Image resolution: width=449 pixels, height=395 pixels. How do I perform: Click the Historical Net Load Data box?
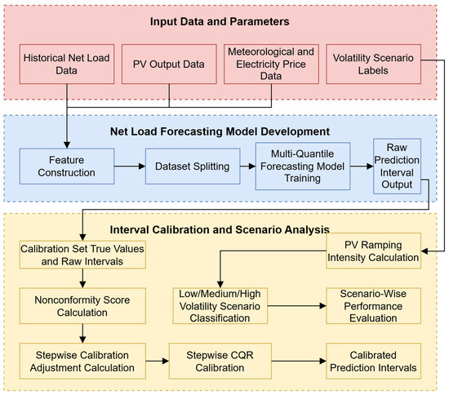click(x=67, y=64)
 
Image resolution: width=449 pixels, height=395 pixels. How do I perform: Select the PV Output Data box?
click(x=169, y=64)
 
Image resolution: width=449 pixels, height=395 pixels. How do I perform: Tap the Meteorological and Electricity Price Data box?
click(x=271, y=64)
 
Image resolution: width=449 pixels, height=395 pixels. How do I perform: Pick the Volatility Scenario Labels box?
click(x=373, y=64)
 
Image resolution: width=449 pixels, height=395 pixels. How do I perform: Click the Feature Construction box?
click(x=67, y=166)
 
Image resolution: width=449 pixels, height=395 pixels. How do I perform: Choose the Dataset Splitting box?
click(x=193, y=166)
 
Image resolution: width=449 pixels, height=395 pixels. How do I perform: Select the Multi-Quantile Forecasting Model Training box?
click(x=303, y=166)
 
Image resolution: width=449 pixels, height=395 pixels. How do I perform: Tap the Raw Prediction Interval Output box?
click(x=397, y=166)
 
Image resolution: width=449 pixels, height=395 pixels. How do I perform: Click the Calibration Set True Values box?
click(x=82, y=255)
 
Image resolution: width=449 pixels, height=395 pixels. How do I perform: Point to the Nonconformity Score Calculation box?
click(x=82, y=306)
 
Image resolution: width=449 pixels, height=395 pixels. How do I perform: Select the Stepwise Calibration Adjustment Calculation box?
click(x=82, y=361)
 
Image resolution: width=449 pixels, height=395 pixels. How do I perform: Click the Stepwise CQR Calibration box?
click(x=220, y=361)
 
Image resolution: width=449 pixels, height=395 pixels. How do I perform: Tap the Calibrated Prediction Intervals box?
click(x=373, y=361)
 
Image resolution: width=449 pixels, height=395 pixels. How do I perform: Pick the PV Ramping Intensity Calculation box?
click(x=373, y=251)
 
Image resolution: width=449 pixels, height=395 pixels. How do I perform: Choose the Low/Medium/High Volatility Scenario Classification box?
click(x=220, y=306)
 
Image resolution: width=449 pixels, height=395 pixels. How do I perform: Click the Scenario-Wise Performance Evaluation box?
click(x=373, y=306)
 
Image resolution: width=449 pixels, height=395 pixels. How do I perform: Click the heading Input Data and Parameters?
click(x=220, y=22)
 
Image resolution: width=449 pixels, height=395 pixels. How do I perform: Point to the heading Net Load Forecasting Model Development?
click(x=220, y=131)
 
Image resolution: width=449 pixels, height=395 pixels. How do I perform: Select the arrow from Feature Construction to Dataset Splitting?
click(x=130, y=166)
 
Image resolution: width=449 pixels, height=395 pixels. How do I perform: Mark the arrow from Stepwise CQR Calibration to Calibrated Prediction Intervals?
click(x=299, y=361)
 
